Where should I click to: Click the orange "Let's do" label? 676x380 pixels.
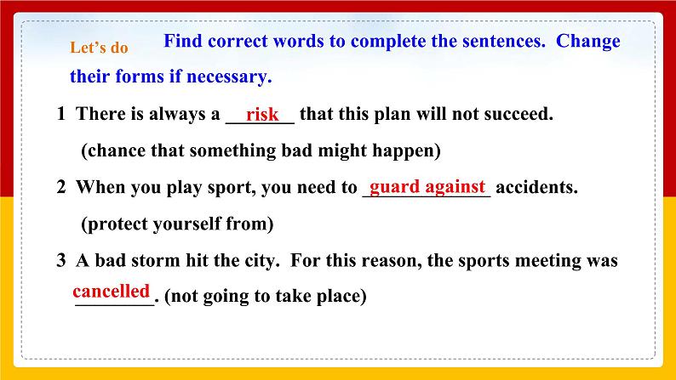99,48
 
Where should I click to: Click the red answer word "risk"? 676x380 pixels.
261,115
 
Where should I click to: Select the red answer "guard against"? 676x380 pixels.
427,186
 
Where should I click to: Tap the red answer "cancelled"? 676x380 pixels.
111,291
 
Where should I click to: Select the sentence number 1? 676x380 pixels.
61,115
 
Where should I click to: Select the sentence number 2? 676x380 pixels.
61,188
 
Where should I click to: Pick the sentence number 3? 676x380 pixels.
61,261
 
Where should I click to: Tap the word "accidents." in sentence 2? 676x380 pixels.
536,188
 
